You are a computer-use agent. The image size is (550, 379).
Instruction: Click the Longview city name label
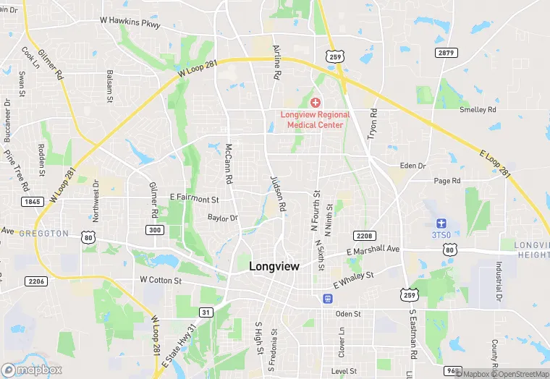(x=274, y=266)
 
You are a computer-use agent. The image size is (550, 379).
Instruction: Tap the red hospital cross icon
(x=316, y=103)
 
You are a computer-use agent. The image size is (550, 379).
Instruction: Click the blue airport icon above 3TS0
(x=441, y=223)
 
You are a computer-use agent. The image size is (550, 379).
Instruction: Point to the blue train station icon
(x=328, y=298)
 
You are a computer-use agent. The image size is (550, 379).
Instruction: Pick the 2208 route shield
(x=364, y=236)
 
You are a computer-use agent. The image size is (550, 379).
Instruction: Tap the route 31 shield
(x=206, y=312)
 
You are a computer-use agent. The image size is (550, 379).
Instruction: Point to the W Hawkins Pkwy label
(x=130, y=22)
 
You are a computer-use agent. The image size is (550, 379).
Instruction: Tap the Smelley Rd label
(x=478, y=110)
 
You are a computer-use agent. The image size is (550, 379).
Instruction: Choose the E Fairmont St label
(x=194, y=198)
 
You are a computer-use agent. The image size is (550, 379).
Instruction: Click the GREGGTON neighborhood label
(x=43, y=234)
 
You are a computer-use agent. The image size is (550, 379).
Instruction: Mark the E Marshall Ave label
(x=373, y=250)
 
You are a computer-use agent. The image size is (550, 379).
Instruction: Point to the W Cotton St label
(x=164, y=279)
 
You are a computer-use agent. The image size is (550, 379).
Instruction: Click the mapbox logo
(x=32, y=370)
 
